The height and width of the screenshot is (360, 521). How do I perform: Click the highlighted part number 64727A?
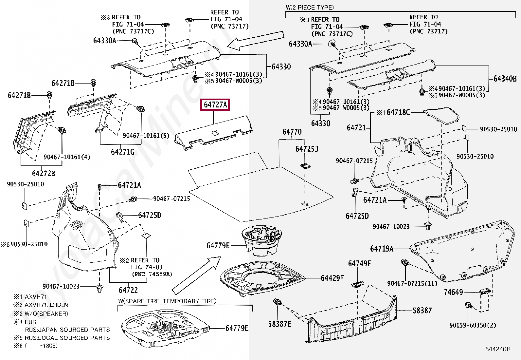click(215, 104)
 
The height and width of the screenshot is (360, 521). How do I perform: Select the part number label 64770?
click(292, 132)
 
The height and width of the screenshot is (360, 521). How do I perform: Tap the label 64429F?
click(332, 278)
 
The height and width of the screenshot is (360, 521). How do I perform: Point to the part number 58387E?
click(279, 324)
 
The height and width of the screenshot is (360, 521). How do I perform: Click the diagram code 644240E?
click(497, 349)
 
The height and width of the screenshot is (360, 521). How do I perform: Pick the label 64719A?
click(382, 249)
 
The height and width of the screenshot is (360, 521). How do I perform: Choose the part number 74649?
click(453, 292)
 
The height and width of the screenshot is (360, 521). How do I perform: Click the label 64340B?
click(505, 79)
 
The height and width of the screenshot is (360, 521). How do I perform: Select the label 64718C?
click(398, 112)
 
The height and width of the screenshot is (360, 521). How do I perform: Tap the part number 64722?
click(128, 290)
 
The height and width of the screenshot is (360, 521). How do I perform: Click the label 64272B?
click(44, 173)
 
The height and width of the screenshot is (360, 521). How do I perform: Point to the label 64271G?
click(123, 152)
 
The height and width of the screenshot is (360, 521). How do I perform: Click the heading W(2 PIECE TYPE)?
click(310, 7)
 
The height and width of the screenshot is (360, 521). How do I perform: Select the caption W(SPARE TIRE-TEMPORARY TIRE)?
click(167, 301)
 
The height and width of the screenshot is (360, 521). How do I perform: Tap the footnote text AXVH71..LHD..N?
click(46, 305)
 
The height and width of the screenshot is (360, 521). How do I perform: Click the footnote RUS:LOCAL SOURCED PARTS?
click(67, 338)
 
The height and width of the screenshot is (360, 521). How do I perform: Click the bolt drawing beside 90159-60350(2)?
click(468, 306)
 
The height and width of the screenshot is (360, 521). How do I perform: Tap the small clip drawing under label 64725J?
click(305, 165)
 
